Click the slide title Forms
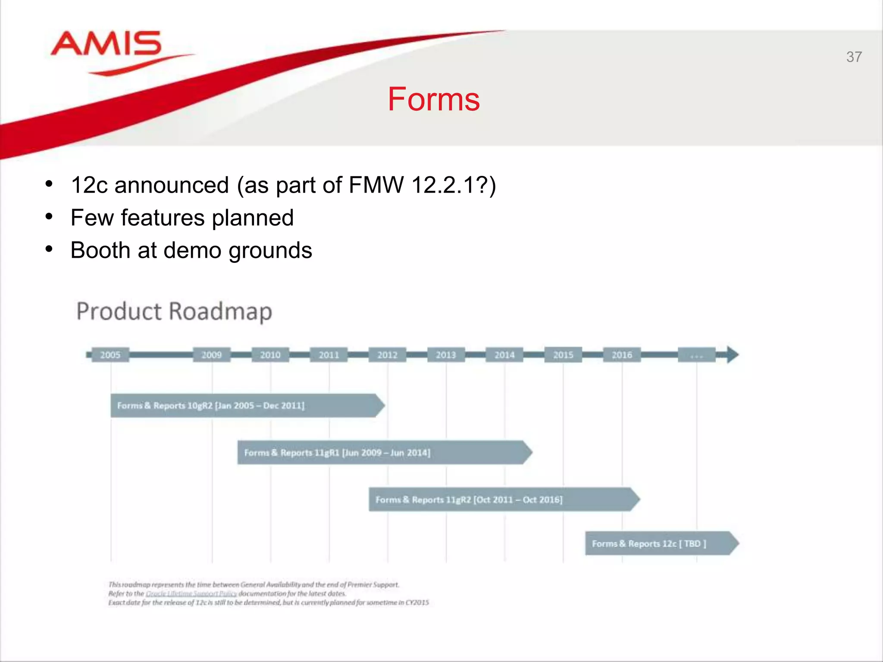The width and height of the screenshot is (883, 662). point(433,99)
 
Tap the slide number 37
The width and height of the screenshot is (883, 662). point(854,57)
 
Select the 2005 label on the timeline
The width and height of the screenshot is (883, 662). point(110,355)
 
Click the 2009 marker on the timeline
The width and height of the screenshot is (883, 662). point(212,355)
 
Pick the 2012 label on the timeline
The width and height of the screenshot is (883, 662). point(387,355)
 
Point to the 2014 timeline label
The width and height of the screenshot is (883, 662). point(504,355)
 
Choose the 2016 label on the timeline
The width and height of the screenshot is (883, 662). point(622,355)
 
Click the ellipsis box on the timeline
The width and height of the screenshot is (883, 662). point(696,355)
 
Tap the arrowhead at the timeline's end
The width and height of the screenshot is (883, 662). point(732,355)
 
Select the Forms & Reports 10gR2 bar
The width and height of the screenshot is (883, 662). point(246,406)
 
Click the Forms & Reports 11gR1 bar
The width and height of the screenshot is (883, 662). point(384,453)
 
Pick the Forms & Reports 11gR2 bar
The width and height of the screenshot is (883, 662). point(502,500)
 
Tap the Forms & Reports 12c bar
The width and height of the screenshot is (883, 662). point(660,543)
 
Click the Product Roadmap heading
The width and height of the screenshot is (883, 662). point(174,311)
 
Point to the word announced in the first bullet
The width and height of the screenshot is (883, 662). point(171,186)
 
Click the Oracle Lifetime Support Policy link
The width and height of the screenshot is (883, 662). point(191,593)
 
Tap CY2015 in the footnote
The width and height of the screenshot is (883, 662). point(417,603)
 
